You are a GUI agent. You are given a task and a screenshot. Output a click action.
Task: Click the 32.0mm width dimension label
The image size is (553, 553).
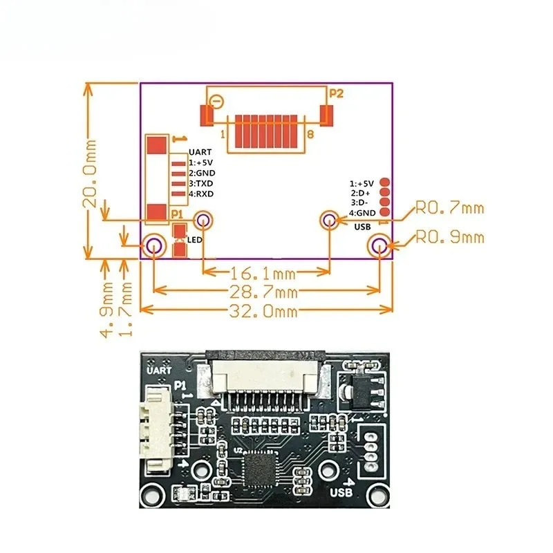pos(263,311)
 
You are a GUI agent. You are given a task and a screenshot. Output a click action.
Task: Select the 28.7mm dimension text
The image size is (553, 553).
pos(263,292)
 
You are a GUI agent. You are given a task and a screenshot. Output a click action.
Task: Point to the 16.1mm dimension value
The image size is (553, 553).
pos(263,273)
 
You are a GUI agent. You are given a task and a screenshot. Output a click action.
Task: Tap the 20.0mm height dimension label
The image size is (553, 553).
pos(90,174)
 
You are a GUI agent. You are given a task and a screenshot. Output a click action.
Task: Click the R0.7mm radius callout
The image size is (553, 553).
pos(450,208)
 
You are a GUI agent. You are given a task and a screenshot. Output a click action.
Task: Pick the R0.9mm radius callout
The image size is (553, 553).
pos(450,237)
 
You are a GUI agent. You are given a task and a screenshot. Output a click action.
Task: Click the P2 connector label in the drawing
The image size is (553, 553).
pos(336,93)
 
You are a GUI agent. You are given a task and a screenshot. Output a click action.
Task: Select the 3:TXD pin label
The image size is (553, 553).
pos(200,183)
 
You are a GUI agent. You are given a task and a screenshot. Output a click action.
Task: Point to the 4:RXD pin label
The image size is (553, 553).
pos(201,194)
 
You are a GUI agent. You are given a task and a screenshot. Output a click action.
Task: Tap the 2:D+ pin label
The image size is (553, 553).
pos(360,193)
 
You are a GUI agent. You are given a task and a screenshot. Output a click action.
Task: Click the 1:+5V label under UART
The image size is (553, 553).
pos(200,162)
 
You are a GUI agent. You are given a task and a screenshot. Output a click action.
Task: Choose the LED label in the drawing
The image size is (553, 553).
pos(195,240)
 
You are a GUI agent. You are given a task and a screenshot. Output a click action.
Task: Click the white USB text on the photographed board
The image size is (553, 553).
pos(341,492)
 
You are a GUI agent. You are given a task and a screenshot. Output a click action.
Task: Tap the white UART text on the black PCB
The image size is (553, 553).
pos(159,371)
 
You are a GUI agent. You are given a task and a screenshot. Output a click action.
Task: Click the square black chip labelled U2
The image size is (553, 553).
pos(259,469)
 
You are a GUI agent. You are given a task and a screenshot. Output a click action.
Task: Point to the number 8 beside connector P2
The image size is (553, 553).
pos(310,134)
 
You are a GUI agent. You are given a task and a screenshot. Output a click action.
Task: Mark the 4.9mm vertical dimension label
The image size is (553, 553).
pos(106,309)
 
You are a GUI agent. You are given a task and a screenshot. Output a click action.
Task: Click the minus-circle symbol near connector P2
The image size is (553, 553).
pos(216,102)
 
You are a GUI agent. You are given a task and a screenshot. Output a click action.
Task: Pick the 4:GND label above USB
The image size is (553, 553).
pos(362,213)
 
